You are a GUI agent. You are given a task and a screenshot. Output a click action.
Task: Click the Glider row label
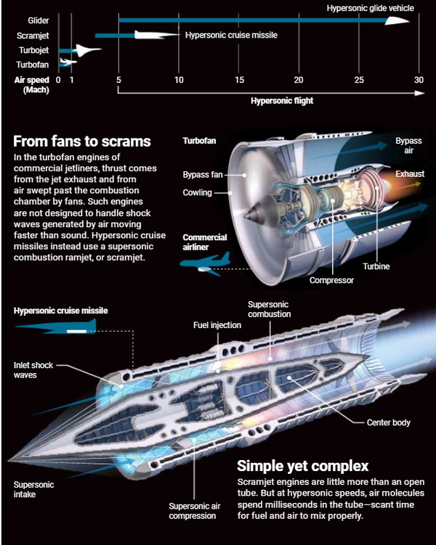tap(39, 20)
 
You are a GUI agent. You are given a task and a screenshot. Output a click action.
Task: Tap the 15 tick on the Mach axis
tap(239, 80)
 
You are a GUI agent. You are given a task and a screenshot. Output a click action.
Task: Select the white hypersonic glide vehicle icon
tap(397, 20)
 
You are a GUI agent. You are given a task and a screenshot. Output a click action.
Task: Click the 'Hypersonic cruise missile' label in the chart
tap(231, 35)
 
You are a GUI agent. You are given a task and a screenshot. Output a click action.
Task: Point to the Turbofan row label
tap(33, 65)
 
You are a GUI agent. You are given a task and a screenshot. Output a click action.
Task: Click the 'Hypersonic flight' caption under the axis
tap(282, 101)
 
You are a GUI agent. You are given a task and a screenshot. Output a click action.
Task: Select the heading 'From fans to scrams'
tap(82, 141)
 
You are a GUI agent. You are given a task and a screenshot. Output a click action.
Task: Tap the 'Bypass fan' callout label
tap(203, 174)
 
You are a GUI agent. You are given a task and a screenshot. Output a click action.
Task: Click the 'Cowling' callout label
tap(198, 192)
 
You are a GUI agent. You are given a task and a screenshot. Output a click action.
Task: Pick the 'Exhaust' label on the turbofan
tap(410, 173)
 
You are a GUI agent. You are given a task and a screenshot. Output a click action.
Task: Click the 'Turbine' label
tap(376, 266)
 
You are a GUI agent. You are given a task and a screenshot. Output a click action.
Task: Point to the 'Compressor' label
tap(331, 280)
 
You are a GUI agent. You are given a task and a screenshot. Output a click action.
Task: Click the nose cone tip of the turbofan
tap(246, 216)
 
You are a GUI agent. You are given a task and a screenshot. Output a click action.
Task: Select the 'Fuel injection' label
tap(217, 325)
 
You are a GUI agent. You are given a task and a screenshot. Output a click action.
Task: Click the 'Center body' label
tap(388, 422)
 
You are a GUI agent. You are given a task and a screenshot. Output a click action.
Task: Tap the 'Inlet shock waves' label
tap(33, 370)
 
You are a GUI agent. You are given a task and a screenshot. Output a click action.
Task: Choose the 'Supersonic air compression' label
tap(195, 511)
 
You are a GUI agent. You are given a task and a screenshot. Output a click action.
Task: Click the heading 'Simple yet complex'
tap(303, 466)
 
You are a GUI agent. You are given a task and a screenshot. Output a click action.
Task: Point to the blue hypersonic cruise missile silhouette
tap(56, 327)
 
